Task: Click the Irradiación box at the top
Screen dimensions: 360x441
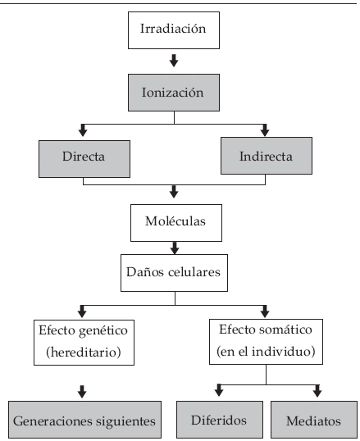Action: (174, 30)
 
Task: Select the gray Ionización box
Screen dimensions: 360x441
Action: (174, 93)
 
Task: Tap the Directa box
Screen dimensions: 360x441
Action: (84, 159)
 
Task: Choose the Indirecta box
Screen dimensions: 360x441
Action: (267, 156)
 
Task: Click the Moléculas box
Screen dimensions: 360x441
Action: (176, 223)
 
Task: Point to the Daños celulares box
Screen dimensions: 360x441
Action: (174, 273)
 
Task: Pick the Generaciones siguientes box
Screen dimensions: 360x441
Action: (84, 420)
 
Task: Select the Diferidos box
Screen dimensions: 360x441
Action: (220, 420)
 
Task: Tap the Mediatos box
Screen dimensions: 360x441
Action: (314, 420)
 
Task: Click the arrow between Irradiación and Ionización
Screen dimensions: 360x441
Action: (174, 61)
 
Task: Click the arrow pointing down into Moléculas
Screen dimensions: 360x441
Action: (174, 192)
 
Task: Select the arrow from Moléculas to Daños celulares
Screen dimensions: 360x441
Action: (175, 248)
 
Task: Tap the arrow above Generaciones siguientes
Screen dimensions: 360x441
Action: (82, 392)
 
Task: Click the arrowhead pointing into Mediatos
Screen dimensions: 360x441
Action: (317, 391)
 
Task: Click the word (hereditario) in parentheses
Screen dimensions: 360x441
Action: (84, 352)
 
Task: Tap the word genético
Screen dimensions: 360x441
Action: (103, 331)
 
